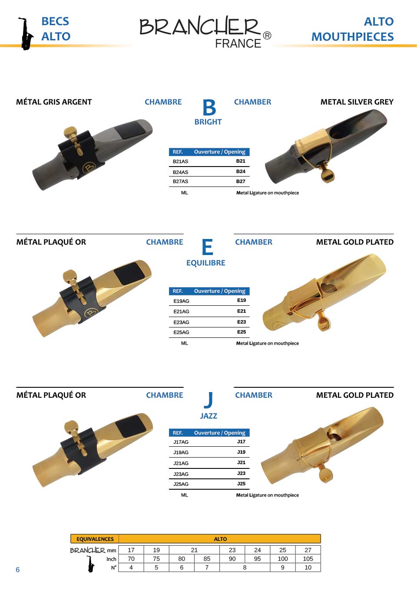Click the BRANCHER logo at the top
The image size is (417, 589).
pyautogui.click(x=205, y=32)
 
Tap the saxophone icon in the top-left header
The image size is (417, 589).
pyautogui.click(x=26, y=34)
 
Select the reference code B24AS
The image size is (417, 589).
pyautogui.click(x=180, y=172)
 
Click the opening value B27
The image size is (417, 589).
pyautogui.click(x=241, y=181)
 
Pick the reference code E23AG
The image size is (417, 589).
pyautogui.click(x=181, y=322)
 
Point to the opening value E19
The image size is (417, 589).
pyautogui.click(x=242, y=300)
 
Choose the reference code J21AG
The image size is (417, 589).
pyautogui.click(x=181, y=463)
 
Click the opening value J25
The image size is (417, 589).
pyautogui.click(x=241, y=484)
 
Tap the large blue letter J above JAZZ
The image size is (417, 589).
pyautogui.click(x=208, y=400)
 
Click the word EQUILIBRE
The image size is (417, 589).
pyautogui.click(x=205, y=263)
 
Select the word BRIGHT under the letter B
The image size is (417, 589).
pyautogui.click(x=208, y=122)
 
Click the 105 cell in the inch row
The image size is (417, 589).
pyautogui.click(x=308, y=559)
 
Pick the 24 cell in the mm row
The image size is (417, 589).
pyautogui.click(x=257, y=550)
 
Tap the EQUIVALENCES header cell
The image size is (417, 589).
pyautogui.click(x=95, y=539)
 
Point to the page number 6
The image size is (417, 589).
pyautogui.click(x=18, y=569)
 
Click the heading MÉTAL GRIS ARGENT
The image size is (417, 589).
pyautogui.click(x=54, y=102)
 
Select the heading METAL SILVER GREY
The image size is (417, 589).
pyautogui.click(x=357, y=102)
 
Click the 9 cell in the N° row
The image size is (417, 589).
pyautogui.click(x=282, y=567)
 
